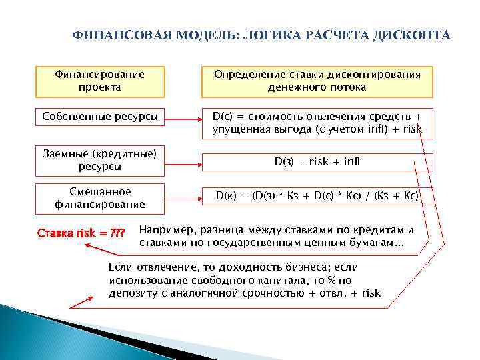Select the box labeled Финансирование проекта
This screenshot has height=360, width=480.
coord(99,81)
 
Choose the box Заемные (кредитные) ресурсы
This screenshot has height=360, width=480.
coord(99,160)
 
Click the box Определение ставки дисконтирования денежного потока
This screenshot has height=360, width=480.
coord(317,81)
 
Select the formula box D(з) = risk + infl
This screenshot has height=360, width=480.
coord(317,162)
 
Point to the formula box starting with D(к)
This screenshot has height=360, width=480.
coord(317,196)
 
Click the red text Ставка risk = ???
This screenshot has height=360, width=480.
coord(81,234)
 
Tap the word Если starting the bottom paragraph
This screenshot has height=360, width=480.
coord(119,267)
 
